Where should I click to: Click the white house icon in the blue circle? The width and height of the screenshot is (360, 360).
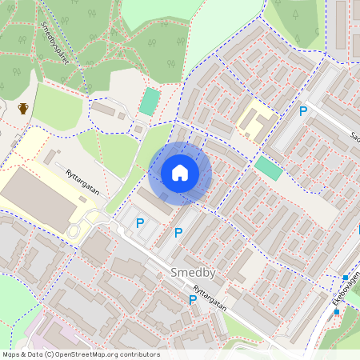180,173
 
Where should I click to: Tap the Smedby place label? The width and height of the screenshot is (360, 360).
192,273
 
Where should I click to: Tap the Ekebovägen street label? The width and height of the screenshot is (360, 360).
346,293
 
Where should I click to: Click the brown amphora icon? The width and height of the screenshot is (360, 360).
24,108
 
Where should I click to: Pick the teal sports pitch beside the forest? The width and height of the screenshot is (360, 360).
150,102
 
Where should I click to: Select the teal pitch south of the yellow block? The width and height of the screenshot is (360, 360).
269,167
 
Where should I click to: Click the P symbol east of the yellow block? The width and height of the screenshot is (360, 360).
303,112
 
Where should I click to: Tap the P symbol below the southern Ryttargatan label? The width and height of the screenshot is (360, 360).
192,300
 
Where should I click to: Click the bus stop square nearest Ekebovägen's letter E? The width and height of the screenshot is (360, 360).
337,311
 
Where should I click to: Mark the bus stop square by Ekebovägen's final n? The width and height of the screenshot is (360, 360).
346,278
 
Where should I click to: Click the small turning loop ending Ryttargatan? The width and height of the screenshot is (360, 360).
73,230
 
